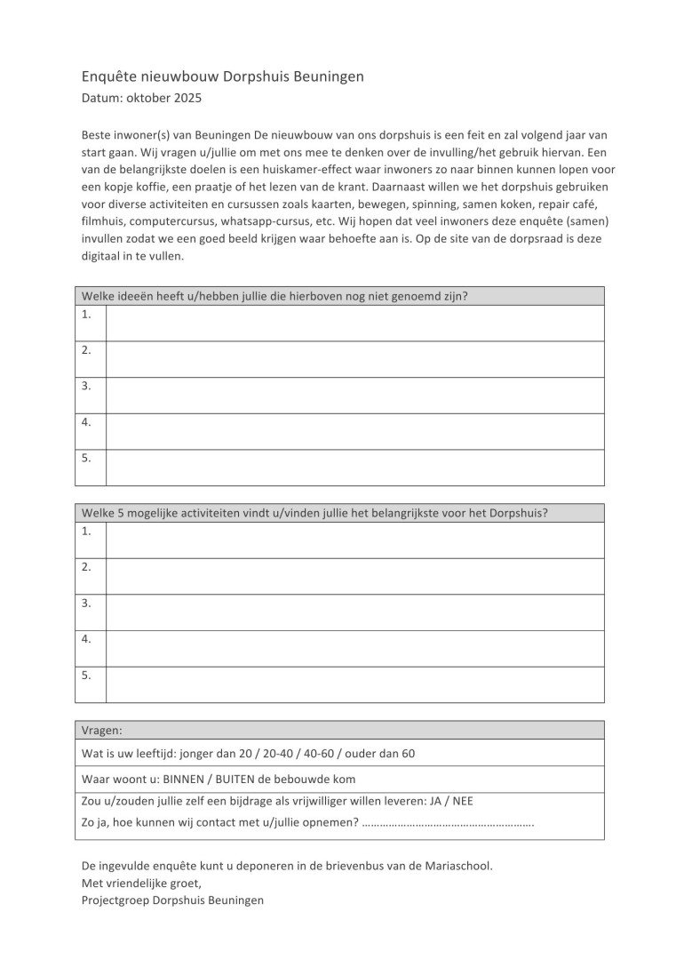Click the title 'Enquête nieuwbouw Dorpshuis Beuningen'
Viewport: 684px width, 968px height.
(222, 77)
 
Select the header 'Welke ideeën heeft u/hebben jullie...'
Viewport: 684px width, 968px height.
(274, 296)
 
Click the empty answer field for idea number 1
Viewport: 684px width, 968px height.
(355, 323)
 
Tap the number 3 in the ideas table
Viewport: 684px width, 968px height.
(87, 386)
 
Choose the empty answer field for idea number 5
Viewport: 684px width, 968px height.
(355, 468)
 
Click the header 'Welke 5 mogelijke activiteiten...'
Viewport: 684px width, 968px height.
(314, 513)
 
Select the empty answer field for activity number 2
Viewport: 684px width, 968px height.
(355, 576)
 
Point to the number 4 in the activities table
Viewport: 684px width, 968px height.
(87, 638)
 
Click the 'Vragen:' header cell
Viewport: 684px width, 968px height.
(102, 730)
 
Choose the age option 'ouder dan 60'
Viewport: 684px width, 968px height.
(385, 754)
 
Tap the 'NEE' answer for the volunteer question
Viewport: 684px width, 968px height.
(463, 801)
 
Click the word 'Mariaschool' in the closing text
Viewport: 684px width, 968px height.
(455, 864)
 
